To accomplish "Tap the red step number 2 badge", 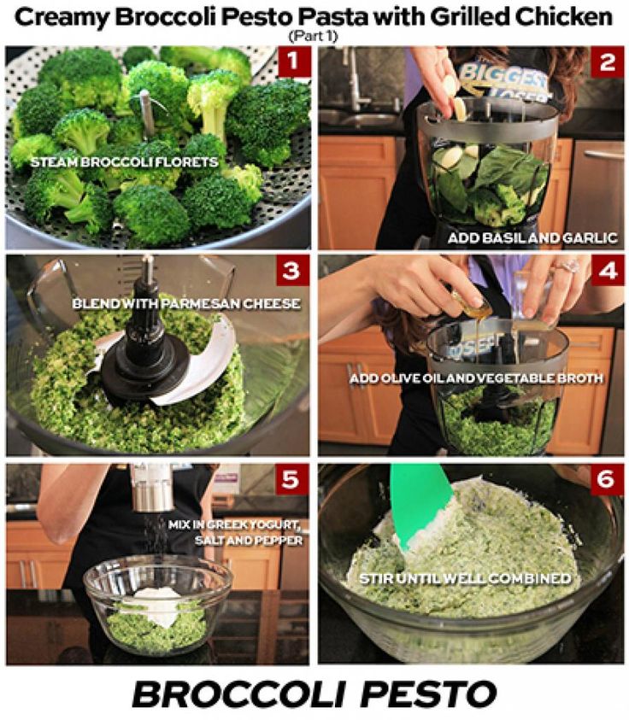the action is tap(608, 61).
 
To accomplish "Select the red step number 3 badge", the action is tap(292, 271).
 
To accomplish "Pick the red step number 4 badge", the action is tap(608, 271).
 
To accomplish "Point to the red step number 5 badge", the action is tap(291, 479).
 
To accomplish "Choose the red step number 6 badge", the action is tap(607, 479).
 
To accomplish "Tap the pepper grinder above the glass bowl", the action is tap(151, 488).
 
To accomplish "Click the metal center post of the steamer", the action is tap(147, 114).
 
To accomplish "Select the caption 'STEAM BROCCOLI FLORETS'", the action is tap(124, 162).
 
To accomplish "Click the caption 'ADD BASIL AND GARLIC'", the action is tap(532, 237).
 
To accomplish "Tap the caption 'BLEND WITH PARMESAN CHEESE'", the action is tap(186, 303).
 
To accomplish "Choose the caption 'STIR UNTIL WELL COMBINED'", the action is tap(465, 578).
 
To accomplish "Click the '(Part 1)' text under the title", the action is tap(314, 36).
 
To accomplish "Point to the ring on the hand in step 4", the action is tap(568, 266).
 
